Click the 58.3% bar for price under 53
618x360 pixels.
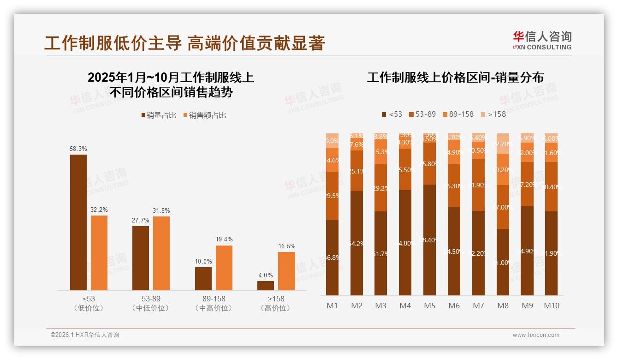click(78, 222)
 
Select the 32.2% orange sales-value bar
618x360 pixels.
click(99, 253)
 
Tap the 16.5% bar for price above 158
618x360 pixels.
click(286, 271)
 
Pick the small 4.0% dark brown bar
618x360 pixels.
click(266, 286)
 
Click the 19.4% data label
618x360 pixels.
click(224, 239)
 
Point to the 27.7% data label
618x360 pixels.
click(141, 220)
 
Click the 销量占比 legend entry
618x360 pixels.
click(159, 115)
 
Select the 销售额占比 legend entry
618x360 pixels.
click(205, 115)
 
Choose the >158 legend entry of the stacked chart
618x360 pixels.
click(493, 114)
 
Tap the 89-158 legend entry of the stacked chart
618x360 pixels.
click(458, 114)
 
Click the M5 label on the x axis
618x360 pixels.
click(429, 306)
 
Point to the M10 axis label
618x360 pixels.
click(551, 306)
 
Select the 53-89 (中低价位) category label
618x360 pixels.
click(150, 303)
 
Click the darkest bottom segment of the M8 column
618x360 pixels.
click(503, 262)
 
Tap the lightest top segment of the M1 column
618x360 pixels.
click(333, 140)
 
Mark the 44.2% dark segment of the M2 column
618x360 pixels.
click(357, 243)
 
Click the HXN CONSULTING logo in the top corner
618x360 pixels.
click(542, 41)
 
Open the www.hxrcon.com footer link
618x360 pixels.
click(536, 335)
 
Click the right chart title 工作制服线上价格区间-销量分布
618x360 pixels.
click(455, 77)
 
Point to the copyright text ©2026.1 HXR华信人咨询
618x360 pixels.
click(85, 335)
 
